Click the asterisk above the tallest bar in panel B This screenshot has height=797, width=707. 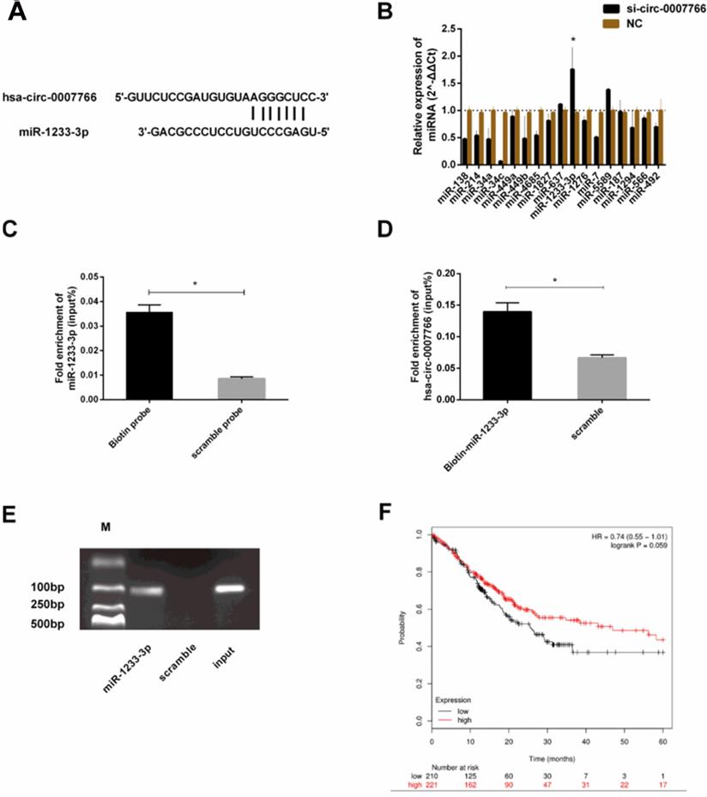(572, 39)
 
